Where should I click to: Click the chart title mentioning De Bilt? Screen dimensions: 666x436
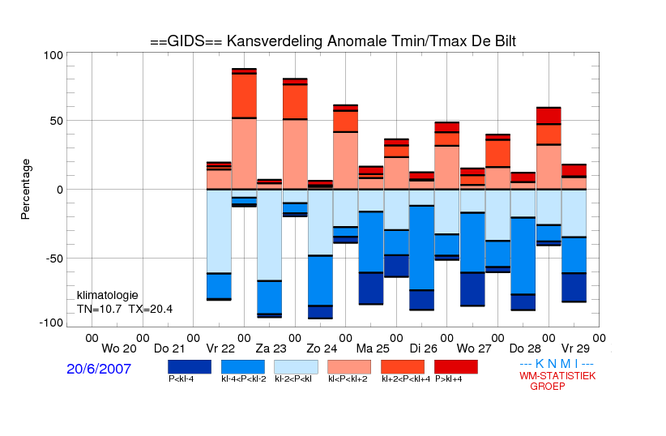coord(333,41)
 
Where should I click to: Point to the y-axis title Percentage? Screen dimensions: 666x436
coord(25,189)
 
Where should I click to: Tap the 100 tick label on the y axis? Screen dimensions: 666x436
coord(53,56)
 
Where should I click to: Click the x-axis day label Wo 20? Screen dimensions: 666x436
coord(119,349)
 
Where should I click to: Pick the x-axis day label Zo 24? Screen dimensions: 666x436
coord(322,349)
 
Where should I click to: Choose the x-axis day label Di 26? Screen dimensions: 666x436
coord(424,349)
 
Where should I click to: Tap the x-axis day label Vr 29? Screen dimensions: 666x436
coord(575,349)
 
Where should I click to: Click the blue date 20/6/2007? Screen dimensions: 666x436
coord(99,369)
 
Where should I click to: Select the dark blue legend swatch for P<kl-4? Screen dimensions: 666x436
coord(190,367)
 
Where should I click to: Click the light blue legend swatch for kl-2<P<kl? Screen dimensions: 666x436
coord(296,367)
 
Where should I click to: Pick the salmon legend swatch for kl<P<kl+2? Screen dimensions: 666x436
coord(349,367)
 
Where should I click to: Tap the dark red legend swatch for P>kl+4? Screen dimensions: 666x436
coord(456,367)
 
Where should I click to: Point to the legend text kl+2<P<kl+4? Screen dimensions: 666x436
coord(406,379)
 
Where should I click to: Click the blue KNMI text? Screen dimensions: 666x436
coord(557,364)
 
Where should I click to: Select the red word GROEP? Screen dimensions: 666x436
coord(548,387)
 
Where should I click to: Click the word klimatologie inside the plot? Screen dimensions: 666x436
coord(108,295)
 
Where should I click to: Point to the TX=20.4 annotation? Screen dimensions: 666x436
coord(151,309)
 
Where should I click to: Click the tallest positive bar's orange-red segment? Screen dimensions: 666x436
coord(244,96)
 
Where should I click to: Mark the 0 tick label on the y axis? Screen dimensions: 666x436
coord(59,190)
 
